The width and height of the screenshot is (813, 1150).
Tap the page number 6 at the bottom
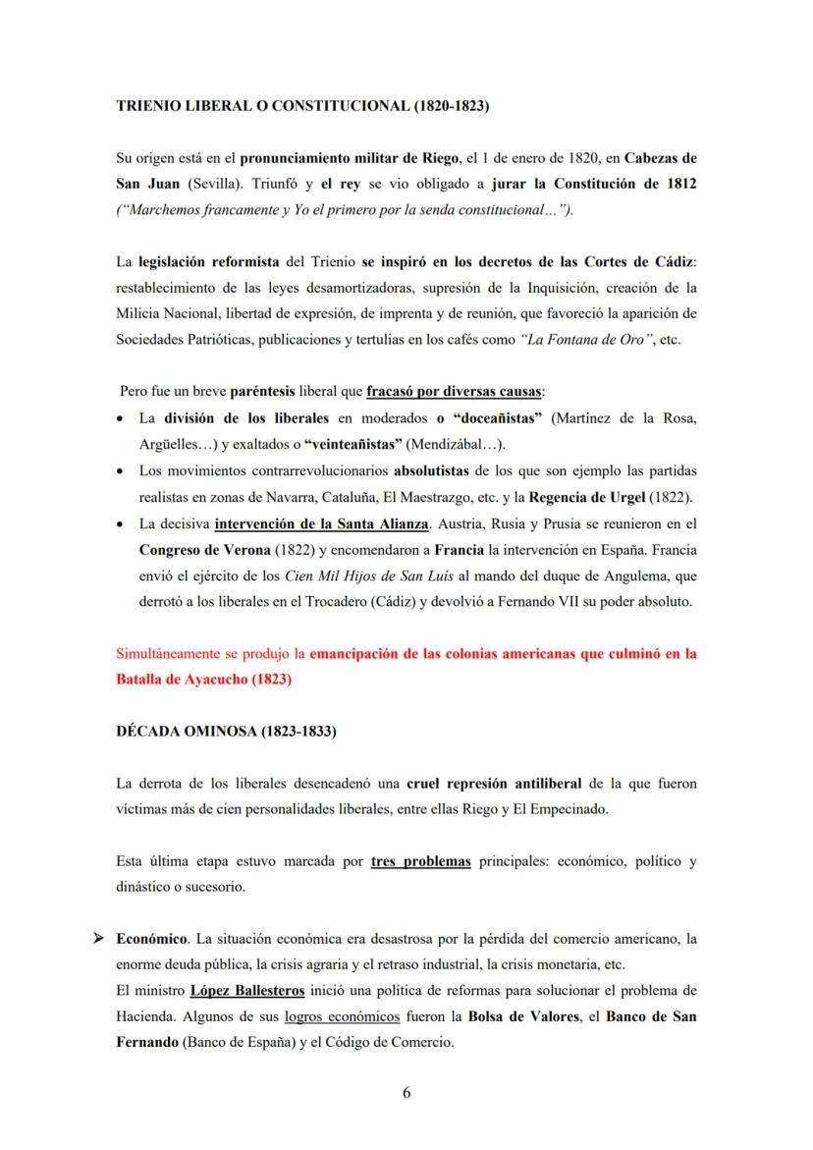[x=406, y=1092]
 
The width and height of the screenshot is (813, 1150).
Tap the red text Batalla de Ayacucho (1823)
[x=204, y=678]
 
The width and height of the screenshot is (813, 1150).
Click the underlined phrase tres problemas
[x=421, y=862]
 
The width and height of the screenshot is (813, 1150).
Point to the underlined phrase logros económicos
[x=342, y=1014]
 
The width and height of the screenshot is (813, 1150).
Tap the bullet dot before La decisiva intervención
[x=120, y=524]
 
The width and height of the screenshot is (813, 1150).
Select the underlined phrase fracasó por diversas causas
[x=453, y=393]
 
